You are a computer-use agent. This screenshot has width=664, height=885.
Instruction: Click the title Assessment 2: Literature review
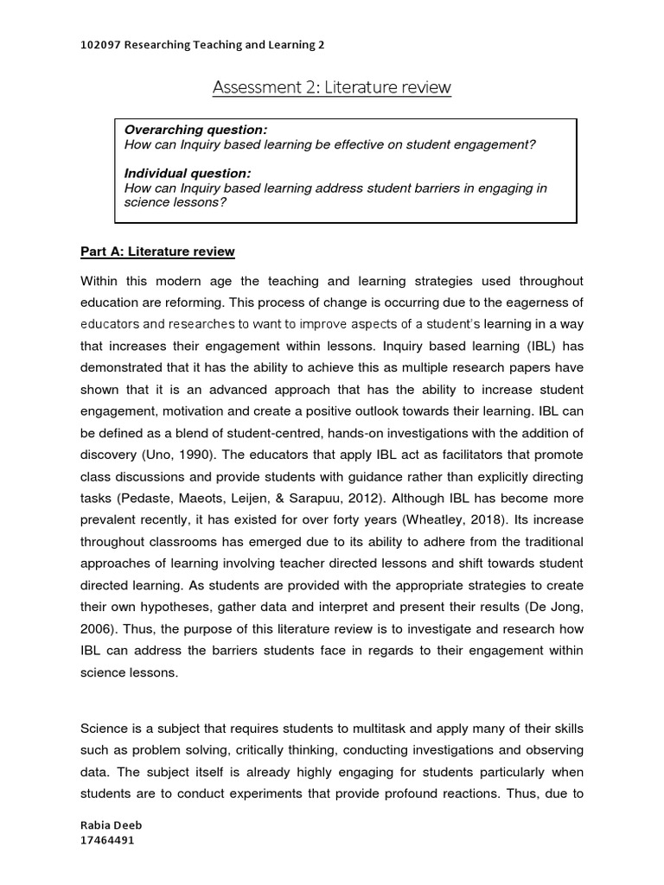coord(331,87)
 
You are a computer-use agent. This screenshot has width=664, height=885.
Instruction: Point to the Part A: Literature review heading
coord(157,251)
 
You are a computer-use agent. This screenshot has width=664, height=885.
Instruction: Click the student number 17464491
coord(106,840)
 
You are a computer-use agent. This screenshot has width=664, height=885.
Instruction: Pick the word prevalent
coord(112,520)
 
